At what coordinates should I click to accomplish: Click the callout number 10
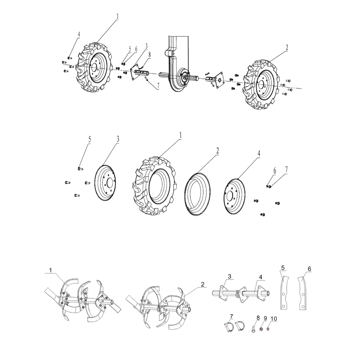click(274, 319)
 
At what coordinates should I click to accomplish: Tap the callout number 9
click(265, 319)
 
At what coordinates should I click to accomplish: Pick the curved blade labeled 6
click(303, 292)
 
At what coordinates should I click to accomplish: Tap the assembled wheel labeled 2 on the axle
click(262, 85)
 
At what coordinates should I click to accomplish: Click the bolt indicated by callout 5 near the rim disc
click(80, 168)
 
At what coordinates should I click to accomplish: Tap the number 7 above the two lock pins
click(231, 316)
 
